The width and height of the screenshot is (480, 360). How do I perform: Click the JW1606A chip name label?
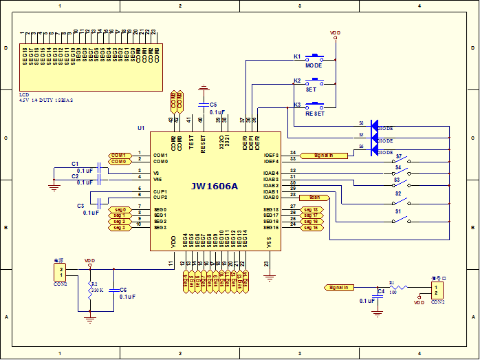[x=215, y=186]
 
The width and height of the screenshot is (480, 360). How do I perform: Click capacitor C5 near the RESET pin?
[x=203, y=105]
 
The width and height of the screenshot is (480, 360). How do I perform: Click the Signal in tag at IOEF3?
[x=321, y=156]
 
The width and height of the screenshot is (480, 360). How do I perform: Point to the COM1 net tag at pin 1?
[x=118, y=155]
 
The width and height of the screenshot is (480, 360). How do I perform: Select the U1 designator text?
[x=142, y=128]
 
